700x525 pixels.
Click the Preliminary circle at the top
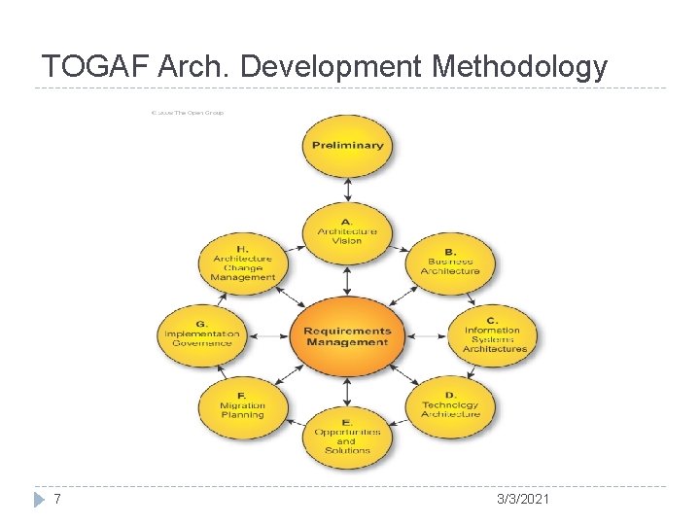(x=347, y=146)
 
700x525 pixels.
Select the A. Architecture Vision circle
(x=347, y=232)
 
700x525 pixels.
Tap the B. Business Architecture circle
(x=450, y=262)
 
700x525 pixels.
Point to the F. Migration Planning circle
(x=242, y=409)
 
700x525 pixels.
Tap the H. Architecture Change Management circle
(x=243, y=262)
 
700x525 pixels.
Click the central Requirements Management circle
(x=347, y=336)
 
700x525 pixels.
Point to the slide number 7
(x=58, y=499)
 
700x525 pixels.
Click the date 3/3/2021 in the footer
(x=523, y=499)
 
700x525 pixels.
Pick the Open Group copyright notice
(x=188, y=113)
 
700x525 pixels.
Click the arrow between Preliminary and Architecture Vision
(x=347, y=190)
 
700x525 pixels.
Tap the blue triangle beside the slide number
(x=39, y=499)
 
